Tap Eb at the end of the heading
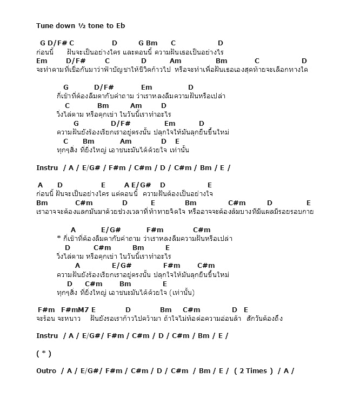[121, 25]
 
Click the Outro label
[46, 370]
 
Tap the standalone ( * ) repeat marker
[44, 353]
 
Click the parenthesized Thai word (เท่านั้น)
[182, 292]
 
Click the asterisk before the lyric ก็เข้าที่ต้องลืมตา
[58, 239]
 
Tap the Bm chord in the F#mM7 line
[166, 309]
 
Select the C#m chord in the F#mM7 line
[191, 309]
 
